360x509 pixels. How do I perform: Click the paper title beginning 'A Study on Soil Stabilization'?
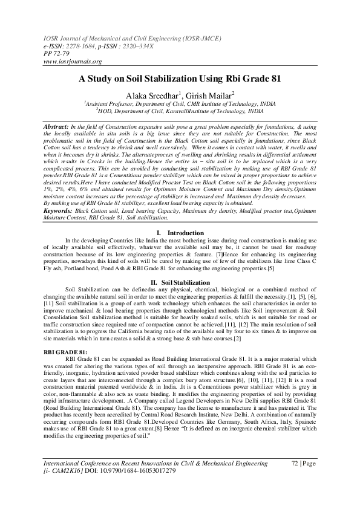click(180, 79)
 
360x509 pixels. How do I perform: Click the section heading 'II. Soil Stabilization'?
click(180, 282)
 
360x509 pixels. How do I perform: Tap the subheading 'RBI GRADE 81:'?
click(64, 351)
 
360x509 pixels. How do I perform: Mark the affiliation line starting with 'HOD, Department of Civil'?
click(180, 111)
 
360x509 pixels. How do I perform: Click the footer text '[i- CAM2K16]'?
click(65, 471)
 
